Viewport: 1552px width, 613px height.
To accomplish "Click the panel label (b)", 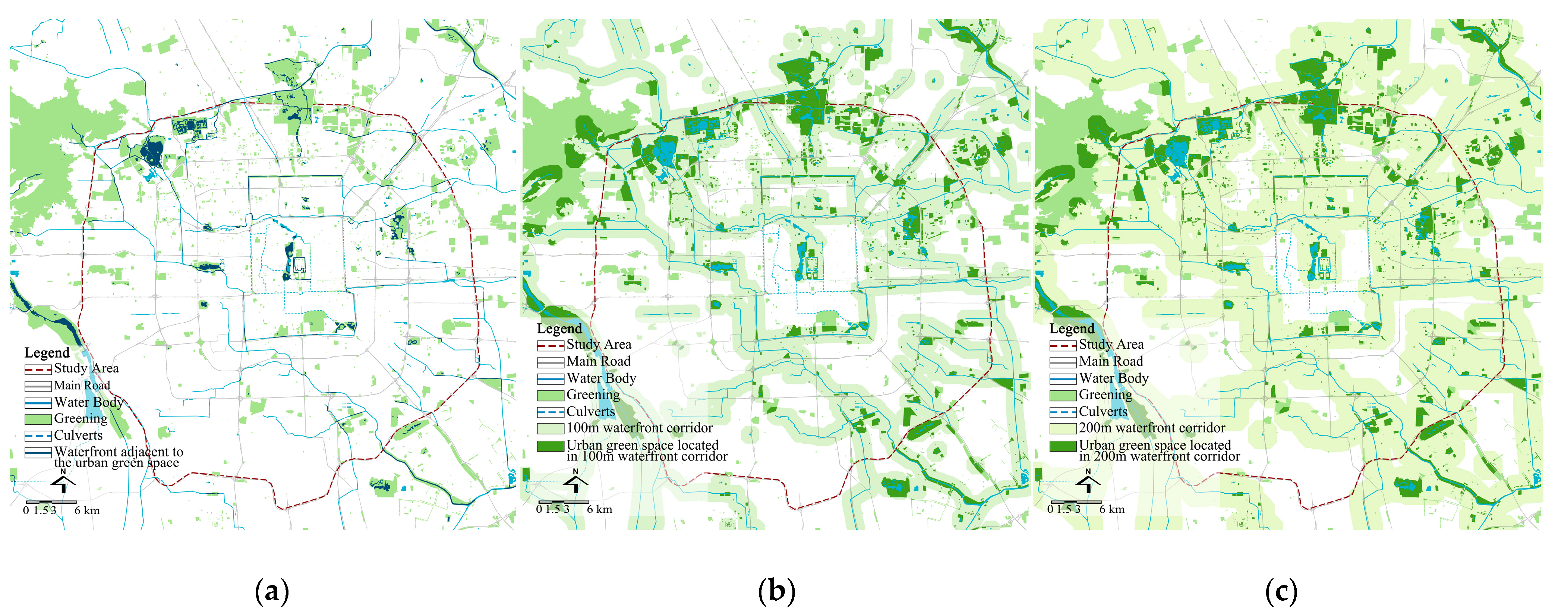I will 777,591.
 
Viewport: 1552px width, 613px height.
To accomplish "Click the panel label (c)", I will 1281,591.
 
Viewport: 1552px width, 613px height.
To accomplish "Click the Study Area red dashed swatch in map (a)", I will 37,369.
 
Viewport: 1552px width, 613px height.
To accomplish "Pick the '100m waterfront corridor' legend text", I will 639,428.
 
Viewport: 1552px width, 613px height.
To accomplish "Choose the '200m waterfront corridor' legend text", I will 1151,428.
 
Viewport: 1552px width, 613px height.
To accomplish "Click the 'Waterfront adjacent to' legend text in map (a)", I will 119,452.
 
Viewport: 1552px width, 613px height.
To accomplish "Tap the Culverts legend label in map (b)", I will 590,412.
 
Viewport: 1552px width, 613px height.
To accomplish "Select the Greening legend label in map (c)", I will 1105,395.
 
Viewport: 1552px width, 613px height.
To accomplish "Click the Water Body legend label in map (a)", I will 89,402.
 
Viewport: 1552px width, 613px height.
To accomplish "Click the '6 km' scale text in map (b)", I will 599,509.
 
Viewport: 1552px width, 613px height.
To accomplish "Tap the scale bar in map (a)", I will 51,502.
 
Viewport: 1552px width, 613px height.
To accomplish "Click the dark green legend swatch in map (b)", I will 550,446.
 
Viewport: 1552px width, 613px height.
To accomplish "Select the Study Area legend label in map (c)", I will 1111,345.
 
